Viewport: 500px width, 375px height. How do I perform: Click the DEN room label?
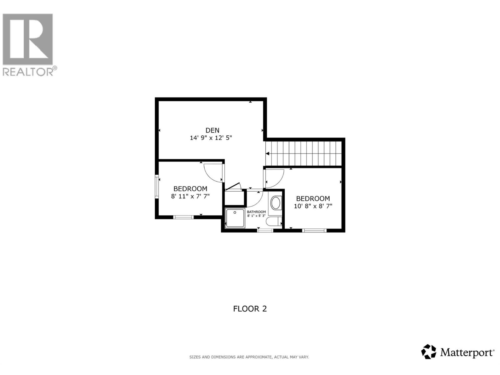pos(212,130)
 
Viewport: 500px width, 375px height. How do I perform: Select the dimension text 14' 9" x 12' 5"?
pos(211,138)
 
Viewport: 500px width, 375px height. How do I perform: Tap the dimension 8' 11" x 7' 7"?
pos(190,196)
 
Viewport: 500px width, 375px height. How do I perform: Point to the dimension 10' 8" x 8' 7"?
pos(313,206)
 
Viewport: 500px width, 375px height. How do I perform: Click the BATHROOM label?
pos(256,212)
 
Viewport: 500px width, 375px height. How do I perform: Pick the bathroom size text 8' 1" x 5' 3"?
pos(256,216)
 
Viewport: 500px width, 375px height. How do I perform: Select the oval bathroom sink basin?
pos(276,203)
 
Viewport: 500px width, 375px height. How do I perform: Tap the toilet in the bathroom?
pos(273,222)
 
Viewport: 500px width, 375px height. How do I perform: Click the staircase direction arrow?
pos(267,154)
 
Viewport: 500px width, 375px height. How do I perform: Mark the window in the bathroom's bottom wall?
pos(265,231)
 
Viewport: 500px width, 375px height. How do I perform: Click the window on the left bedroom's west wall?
pos(157,187)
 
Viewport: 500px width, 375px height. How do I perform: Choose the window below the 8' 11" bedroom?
pos(183,217)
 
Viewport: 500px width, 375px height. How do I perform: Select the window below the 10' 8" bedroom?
pos(314,231)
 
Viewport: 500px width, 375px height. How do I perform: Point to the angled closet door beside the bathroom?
pos(233,186)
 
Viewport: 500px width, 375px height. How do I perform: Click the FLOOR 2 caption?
pos(250,309)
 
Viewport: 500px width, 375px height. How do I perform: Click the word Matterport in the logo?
pos(467,353)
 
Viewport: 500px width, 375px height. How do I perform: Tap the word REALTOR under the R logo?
pos(28,72)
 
